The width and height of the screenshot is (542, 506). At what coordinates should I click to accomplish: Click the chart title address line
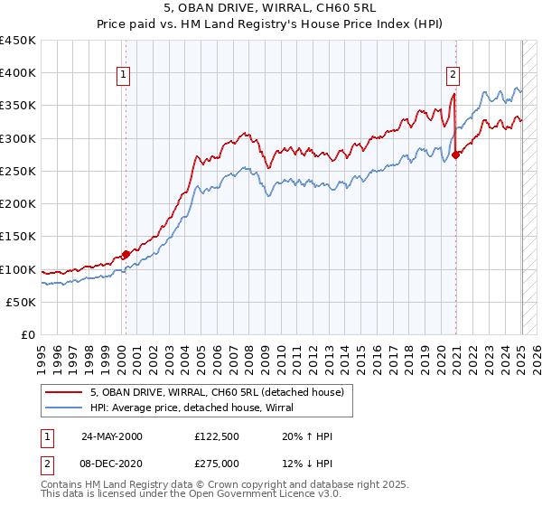tap(271, 7)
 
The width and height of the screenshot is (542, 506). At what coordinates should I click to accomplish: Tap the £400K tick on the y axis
tap(18, 73)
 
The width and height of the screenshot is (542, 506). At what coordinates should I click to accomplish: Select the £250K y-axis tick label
tap(18, 172)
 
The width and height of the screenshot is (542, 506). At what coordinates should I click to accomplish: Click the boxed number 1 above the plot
tap(123, 76)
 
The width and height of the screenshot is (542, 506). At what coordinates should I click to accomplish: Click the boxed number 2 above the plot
tap(453, 76)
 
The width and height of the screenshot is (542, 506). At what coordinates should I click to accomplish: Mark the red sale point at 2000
tap(126, 255)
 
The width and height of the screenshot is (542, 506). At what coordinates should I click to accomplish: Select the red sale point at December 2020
tap(456, 155)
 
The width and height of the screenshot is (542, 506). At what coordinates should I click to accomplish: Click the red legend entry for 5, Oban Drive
tap(217, 393)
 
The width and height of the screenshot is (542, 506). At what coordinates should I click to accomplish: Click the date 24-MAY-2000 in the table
tap(111, 437)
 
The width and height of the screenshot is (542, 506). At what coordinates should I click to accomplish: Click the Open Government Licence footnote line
tap(171, 495)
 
